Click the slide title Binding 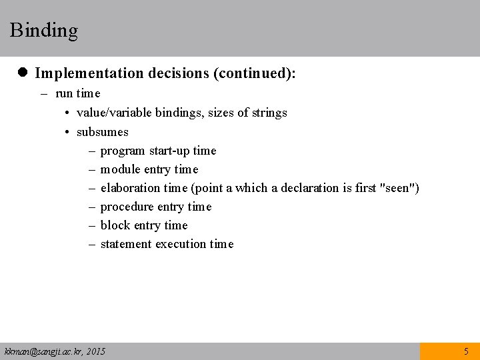[x=44, y=31]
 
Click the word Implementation [x=87, y=73]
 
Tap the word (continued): [x=254, y=73]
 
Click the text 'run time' [x=77, y=94]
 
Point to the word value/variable [x=114, y=113]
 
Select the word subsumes [x=103, y=132]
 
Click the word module [x=120, y=169]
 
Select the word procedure [x=126, y=207]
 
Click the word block [x=115, y=225]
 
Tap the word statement [x=126, y=244]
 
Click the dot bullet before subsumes [x=68, y=132]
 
